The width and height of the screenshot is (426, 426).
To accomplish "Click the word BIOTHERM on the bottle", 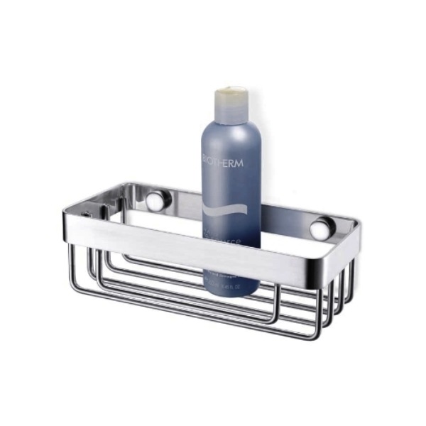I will (x=222, y=163).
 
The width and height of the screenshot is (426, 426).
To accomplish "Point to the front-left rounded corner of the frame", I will (x=67, y=213).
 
